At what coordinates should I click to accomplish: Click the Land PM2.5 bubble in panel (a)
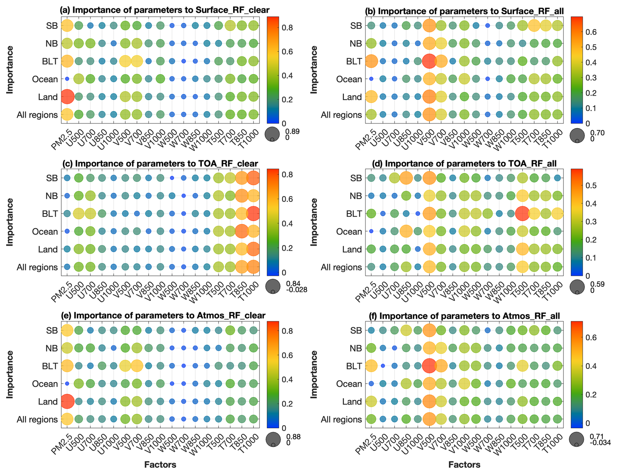[x=67, y=97]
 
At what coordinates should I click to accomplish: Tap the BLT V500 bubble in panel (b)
[x=429, y=61]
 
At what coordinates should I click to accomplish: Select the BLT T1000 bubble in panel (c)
[x=253, y=214]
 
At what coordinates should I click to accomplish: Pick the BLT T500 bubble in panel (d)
[x=522, y=214]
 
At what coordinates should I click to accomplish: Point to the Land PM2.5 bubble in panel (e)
[x=67, y=402]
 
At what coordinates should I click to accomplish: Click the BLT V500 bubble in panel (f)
[x=429, y=366]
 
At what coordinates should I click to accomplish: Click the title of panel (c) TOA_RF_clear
[x=160, y=163]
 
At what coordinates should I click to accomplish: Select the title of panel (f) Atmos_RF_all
[x=464, y=316]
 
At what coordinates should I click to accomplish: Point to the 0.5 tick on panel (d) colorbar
[x=592, y=186]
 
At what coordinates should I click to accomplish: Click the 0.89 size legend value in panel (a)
[x=292, y=131]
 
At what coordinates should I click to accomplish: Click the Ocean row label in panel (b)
[x=349, y=79]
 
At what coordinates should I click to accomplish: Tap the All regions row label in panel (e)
[x=37, y=420]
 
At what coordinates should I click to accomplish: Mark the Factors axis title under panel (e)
[x=160, y=465]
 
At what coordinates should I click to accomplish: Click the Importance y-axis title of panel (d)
[x=313, y=222]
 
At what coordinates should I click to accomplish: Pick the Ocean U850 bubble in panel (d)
[x=406, y=231]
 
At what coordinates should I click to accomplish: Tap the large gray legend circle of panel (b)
[x=577, y=135]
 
